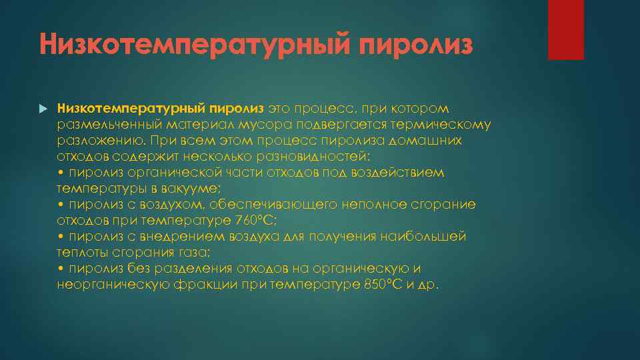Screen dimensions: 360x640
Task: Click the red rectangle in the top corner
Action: tap(565, 29)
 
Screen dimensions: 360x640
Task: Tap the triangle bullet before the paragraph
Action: tap(43, 108)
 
